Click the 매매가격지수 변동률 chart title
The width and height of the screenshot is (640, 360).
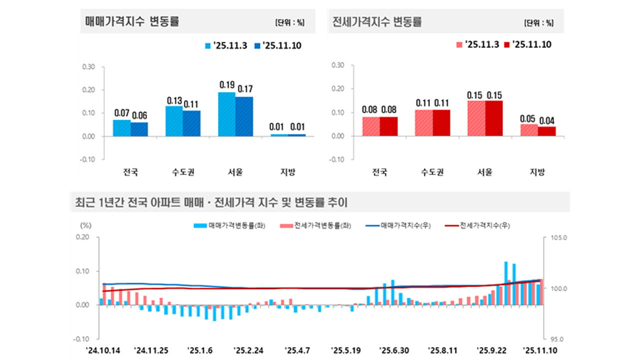[x=132, y=21]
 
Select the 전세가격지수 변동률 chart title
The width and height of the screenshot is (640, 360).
[x=377, y=21]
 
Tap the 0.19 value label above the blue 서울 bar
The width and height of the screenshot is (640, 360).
[x=227, y=84]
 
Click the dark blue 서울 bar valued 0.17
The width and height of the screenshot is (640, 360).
[x=244, y=116]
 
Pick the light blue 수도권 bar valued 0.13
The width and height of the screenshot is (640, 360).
[x=174, y=121]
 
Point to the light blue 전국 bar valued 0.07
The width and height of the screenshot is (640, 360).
[x=122, y=128]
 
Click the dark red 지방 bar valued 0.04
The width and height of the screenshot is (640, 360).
[x=546, y=131]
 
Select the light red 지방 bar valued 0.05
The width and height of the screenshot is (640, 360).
[x=528, y=130]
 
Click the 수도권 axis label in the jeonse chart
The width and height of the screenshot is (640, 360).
[x=433, y=172]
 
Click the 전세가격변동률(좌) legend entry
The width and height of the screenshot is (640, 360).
[x=317, y=226]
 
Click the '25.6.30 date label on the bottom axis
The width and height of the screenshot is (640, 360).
[x=394, y=349]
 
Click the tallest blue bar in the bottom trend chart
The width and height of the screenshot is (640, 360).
[x=506, y=282]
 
